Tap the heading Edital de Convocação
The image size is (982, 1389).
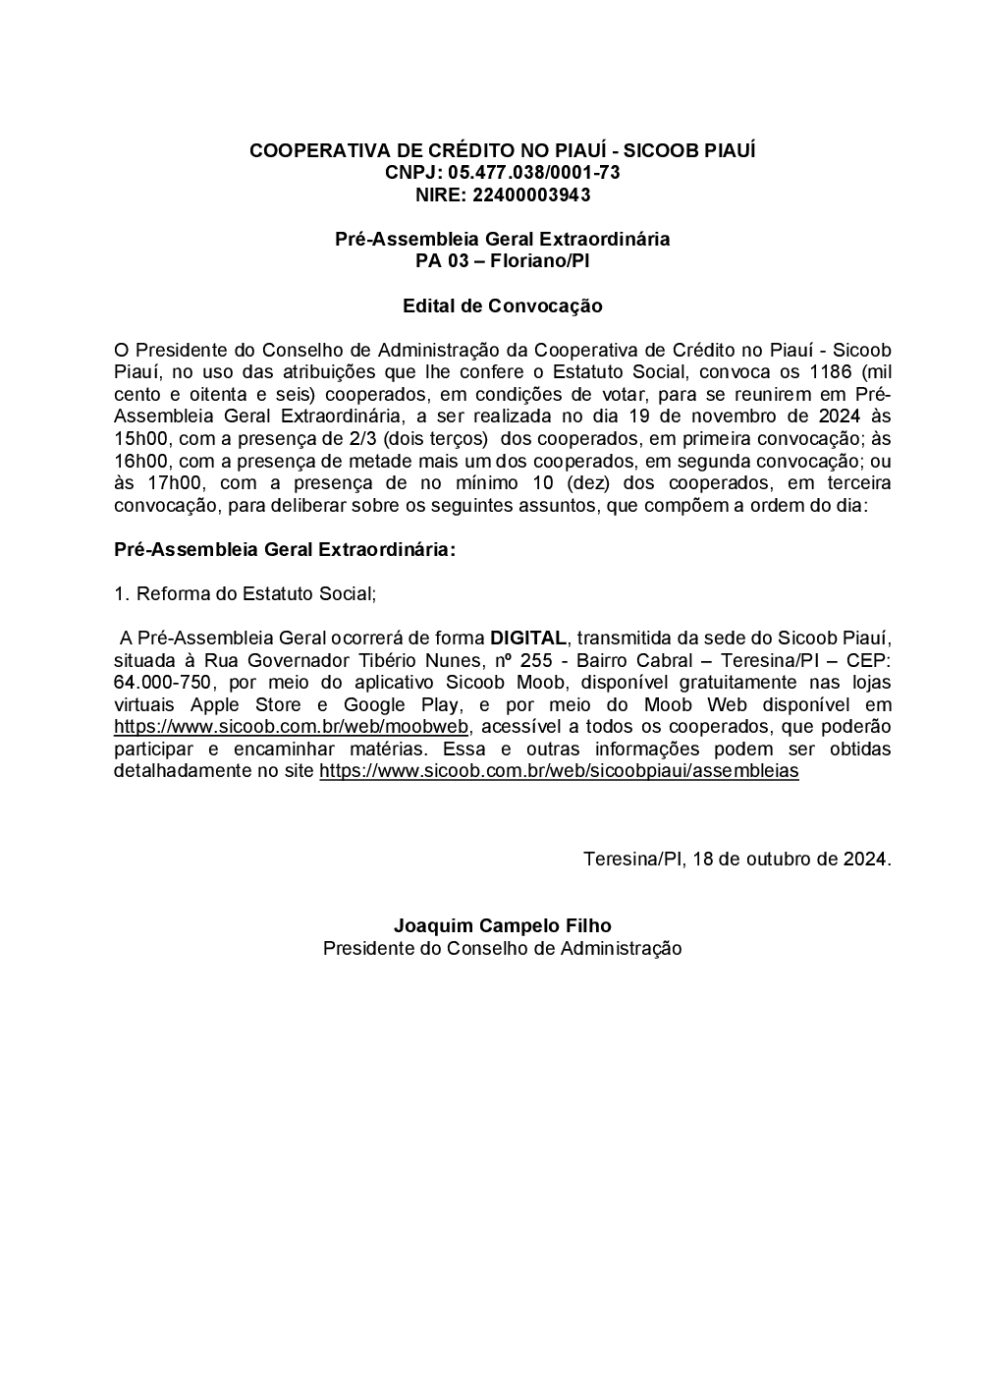click(502, 306)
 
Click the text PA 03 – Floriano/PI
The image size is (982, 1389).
click(502, 260)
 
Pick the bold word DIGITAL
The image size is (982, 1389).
click(528, 638)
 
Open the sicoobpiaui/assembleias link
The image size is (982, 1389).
click(559, 771)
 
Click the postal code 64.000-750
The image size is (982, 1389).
click(162, 683)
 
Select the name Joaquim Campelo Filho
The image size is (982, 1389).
click(502, 925)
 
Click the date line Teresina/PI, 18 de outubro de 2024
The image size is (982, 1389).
click(736, 859)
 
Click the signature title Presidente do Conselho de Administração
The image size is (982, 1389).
click(502, 948)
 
